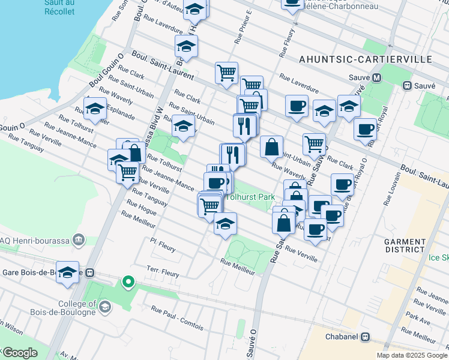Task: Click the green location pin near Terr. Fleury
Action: pyautogui.click(x=127, y=281)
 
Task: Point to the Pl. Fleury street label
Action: pyautogui.click(x=163, y=244)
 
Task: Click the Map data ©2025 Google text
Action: pyautogui.click(x=411, y=355)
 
